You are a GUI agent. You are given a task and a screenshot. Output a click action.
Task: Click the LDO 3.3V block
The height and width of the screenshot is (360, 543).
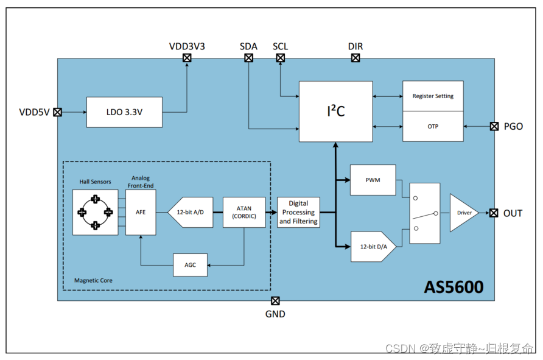click(x=125, y=112)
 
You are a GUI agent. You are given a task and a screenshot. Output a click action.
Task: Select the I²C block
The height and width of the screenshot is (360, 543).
click(x=335, y=111)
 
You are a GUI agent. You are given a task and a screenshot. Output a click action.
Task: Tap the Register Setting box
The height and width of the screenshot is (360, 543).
click(x=432, y=96)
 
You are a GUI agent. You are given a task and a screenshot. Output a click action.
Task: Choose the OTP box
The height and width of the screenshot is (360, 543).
click(x=432, y=127)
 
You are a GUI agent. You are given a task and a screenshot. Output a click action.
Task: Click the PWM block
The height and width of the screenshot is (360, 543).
click(x=373, y=180)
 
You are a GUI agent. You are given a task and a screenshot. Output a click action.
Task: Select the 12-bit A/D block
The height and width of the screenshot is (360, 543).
click(x=191, y=213)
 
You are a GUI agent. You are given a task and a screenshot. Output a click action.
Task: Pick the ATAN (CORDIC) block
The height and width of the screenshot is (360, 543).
click(x=245, y=213)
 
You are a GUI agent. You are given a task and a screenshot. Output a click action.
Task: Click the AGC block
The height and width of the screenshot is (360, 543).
click(x=190, y=264)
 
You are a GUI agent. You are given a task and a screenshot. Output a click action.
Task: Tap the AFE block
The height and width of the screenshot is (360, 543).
click(x=140, y=213)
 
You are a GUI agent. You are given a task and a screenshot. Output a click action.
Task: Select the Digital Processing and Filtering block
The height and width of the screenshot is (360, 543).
click(x=298, y=213)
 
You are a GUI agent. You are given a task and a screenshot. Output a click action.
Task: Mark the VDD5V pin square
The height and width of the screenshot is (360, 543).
click(x=57, y=112)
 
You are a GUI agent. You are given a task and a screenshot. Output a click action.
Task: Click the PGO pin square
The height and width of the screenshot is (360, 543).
click(x=494, y=127)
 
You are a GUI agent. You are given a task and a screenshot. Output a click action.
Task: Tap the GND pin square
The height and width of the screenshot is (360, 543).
click(x=275, y=301)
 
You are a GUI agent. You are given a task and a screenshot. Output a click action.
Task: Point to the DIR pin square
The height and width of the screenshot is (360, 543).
click(x=356, y=58)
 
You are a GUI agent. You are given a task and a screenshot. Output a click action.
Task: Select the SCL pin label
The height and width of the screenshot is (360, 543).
click(x=280, y=46)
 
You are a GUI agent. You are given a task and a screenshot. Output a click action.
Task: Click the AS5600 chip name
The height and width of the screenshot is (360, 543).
click(x=454, y=286)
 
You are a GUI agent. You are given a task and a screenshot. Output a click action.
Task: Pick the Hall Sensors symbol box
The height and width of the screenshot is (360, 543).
click(x=96, y=213)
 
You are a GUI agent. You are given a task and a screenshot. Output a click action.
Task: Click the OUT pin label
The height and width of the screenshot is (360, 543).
click(x=513, y=213)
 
